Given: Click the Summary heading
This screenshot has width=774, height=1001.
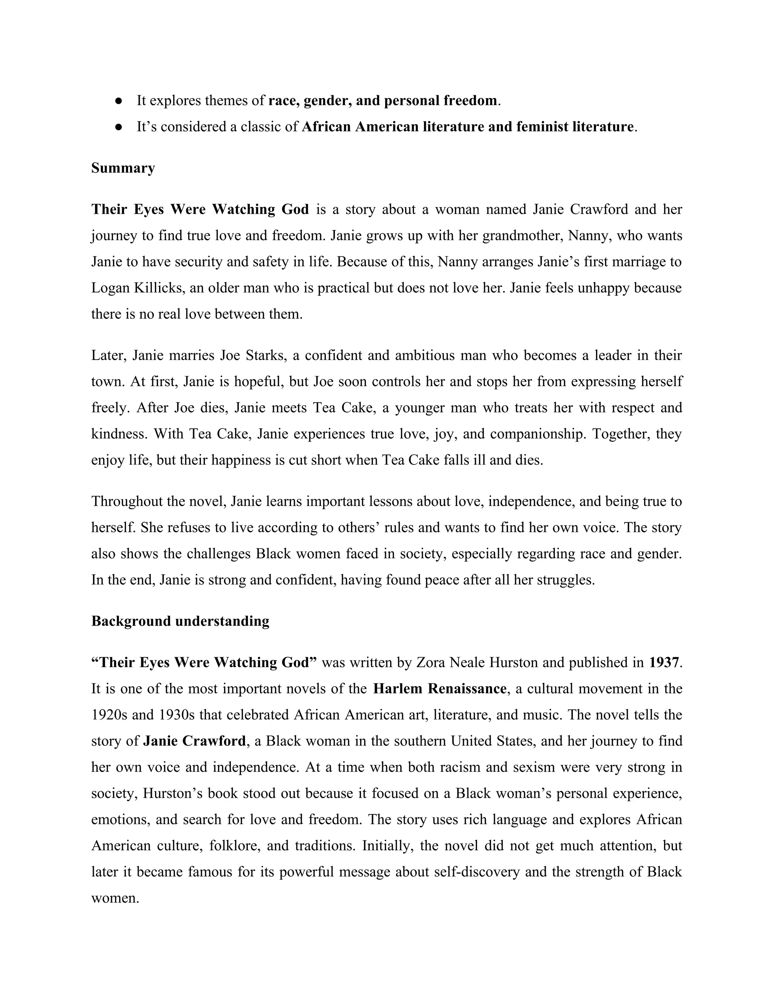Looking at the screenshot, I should (x=123, y=168).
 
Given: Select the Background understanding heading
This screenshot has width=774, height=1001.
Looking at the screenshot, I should (x=180, y=621).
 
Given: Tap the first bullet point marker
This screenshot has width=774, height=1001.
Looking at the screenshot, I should (x=118, y=101).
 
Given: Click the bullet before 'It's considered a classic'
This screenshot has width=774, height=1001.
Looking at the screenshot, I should (x=118, y=127).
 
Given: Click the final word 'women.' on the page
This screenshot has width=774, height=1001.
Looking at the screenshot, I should (x=115, y=898).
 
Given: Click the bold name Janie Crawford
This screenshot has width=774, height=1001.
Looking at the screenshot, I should (x=194, y=741).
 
